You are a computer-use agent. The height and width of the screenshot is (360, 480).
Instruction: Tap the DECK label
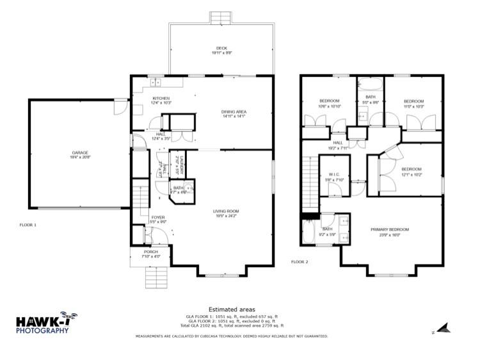[x=221, y=48]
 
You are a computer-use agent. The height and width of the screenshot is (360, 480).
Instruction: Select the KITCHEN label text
[x=143, y=99]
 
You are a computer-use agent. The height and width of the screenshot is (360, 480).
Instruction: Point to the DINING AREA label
[x=234, y=113]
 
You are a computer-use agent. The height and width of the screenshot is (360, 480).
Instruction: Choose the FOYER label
[x=158, y=218]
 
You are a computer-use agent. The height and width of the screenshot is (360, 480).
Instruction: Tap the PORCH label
[x=150, y=252]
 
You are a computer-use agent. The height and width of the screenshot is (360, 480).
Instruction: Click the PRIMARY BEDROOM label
[x=389, y=229]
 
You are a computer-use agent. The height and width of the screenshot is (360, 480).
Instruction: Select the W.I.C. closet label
[x=335, y=175]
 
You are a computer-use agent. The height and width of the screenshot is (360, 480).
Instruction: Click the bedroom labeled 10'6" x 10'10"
[x=330, y=102]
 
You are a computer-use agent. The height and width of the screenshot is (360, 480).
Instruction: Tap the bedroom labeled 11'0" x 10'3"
[x=413, y=101]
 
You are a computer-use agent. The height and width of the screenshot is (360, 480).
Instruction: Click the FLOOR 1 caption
[x=28, y=225]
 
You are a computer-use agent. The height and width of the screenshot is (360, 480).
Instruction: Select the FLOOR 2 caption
[x=300, y=262]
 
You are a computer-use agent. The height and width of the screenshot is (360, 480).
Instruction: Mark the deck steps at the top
[x=221, y=16]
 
